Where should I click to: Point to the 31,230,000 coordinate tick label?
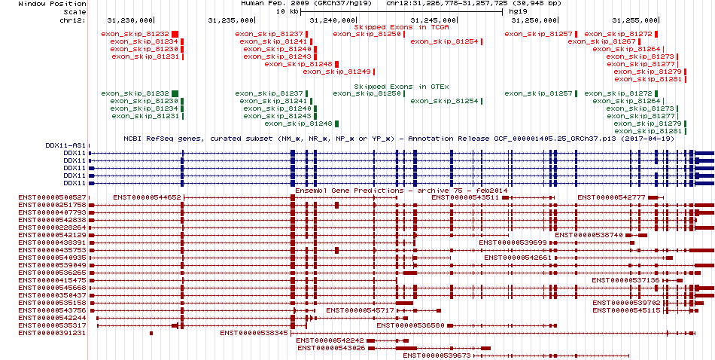130,20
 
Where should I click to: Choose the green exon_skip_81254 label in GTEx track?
444,101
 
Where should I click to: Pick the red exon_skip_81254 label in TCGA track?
444,41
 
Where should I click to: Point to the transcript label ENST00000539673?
437,355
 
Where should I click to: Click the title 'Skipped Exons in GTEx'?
401,87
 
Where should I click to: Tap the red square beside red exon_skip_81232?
175,34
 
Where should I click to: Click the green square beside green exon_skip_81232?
175,93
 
